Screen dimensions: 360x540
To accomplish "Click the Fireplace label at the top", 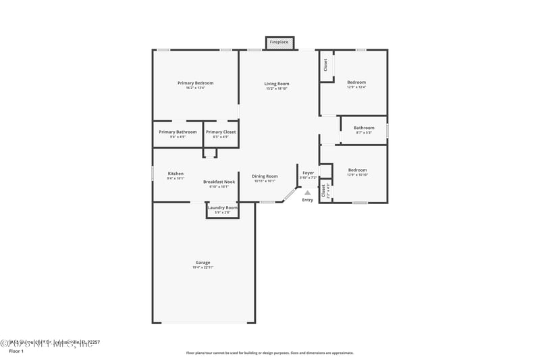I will (279, 43).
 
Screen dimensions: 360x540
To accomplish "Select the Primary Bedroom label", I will (195, 83).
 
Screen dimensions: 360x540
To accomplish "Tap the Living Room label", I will (277, 84).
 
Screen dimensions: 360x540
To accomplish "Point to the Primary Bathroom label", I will (178, 132).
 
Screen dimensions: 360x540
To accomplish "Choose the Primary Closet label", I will (221, 132).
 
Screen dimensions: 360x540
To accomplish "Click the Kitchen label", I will (175, 174).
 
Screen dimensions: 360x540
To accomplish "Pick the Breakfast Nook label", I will (219, 182).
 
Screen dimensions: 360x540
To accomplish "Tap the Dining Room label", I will (265, 176).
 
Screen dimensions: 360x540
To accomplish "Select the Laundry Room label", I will (222, 207).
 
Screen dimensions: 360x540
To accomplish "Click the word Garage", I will (202, 263).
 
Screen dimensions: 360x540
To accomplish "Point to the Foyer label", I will (308, 173).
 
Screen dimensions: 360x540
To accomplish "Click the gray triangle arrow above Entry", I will (308, 192).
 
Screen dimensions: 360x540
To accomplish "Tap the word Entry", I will (308, 200).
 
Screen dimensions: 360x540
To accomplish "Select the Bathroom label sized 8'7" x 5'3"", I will (364, 128).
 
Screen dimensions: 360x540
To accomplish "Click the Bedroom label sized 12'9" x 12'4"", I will (356, 82).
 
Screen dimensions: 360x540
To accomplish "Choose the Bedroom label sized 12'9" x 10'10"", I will (357, 170).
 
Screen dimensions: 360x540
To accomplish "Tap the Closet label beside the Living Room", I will (325, 65).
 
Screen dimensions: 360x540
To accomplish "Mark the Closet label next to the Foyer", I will (324, 191).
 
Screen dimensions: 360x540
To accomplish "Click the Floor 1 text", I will (16, 351).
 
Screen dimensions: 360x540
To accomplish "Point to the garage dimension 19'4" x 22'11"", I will (202, 267).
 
